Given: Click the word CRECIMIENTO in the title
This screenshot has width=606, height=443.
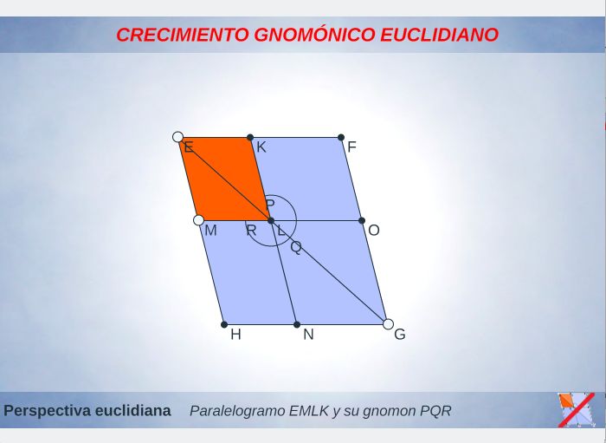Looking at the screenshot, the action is [x=183, y=35].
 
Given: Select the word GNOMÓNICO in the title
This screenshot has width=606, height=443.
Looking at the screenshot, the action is [x=314, y=34].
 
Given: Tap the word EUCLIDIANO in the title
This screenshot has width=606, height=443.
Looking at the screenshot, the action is [x=440, y=35].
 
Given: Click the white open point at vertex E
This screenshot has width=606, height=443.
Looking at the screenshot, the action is [x=177, y=137].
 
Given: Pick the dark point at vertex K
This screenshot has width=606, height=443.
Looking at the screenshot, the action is [x=250, y=137].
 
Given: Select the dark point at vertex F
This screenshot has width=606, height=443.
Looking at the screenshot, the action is [x=341, y=137].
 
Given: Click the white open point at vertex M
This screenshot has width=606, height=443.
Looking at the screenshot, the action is [x=198, y=220].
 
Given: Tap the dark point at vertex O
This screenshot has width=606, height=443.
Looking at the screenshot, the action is [x=362, y=220].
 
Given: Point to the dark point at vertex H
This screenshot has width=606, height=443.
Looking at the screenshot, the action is [x=224, y=324].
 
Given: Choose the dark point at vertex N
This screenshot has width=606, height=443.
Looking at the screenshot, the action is [x=297, y=324].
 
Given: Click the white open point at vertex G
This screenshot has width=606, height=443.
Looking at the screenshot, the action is [x=389, y=324].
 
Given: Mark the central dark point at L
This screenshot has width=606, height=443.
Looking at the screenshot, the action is [x=271, y=220].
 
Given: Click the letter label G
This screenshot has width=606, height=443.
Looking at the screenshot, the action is [x=400, y=335].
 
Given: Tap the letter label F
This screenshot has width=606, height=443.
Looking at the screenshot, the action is [x=351, y=147].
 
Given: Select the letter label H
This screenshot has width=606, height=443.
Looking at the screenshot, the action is [x=235, y=335].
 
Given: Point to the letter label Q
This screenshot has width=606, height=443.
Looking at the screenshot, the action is [x=296, y=247].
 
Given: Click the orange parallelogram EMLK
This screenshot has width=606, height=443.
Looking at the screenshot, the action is [x=224, y=179].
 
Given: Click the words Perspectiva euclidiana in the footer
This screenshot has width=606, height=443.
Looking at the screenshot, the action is [x=87, y=411].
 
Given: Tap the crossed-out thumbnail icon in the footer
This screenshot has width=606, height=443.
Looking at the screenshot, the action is [x=577, y=410].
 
